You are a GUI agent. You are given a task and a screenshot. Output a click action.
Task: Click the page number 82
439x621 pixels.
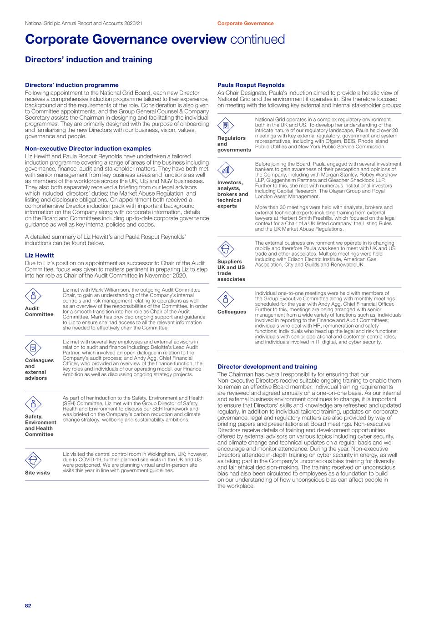click(x=28, y=606)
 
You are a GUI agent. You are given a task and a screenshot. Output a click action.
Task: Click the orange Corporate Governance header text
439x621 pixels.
click(x=245, y=23)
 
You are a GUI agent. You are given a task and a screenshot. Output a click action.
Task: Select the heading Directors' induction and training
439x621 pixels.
click(x=89, y=60)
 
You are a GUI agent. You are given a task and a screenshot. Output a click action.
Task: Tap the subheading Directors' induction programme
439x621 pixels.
click(x=71, y=85)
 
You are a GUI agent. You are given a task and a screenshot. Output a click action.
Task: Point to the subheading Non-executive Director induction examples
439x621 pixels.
click(x=88, y=148)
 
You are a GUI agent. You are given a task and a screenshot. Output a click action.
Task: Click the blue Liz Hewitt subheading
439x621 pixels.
click(x=40, y=255)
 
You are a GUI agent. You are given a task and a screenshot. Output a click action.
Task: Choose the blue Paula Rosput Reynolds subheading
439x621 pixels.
click(x=251, y=85)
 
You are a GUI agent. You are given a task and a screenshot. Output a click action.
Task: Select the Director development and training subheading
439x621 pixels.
click(x=267, y=367)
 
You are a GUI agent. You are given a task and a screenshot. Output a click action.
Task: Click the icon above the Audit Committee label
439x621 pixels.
click(x=33, y=296)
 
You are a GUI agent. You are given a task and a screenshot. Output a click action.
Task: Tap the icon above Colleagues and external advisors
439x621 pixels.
click(x=33, y=348)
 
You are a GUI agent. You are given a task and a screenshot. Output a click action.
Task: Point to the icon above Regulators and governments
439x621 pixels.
click(x=226, y=126)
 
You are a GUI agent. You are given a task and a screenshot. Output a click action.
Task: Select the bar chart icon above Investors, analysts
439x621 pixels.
click(x=226, y=170)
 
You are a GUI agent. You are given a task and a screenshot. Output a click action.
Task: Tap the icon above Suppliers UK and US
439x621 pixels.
click(x=226, y=249)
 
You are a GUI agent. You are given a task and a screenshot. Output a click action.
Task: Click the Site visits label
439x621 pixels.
click(x=37, y=473)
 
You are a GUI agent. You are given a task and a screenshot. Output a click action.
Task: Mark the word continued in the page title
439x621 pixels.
click(x=257, y=40)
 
